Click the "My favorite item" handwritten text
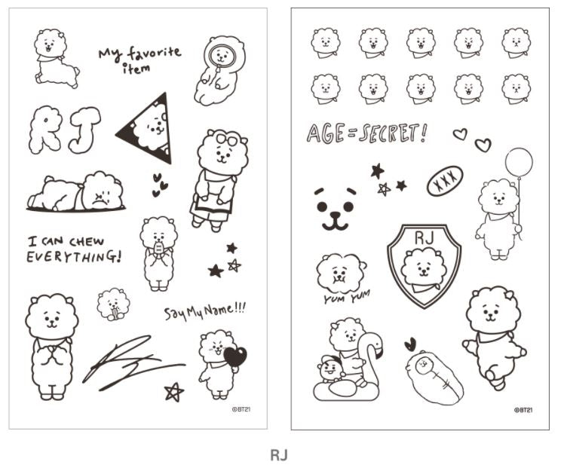point(139,59)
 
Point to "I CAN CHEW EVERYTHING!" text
point(73,249)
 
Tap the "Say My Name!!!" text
point(205,310)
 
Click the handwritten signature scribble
point(128,362)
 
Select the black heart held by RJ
point(235,356)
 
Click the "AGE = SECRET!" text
point(366,133)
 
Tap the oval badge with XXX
point(445,182)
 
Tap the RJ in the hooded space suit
point(218,72)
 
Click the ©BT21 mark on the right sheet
point(523,411)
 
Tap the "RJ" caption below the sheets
point(279,455)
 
